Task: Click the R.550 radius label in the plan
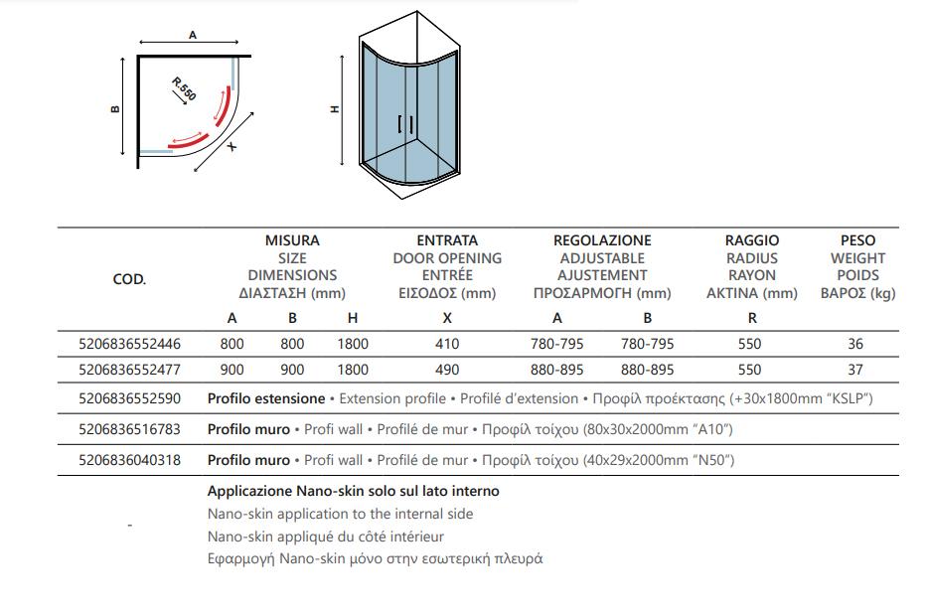pyautogui.click(x=185, y=88)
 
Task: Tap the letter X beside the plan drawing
pyautogui.click(x=232, y=146)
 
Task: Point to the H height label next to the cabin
pyautogui.click(x=335, y=109)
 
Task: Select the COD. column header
pyautogui.click(x=129, y=279)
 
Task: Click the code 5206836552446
pyautogui.click(x=129, y=344)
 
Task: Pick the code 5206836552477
pyautogui.click(x=129, y=370)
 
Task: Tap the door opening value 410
pyautogui.click(x=447, y=344)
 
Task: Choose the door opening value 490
pyautogui.click(x=447, y=370)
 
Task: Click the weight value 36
pyautogui.click(x=856, y=344)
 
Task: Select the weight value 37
pyautogui.click(x=856, y=370)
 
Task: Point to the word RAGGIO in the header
pyautogui.click(x=752, y=240)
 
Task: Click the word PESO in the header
pyautogui.click(x=857, y=240)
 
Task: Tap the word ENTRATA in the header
pyautogui.click(x=447, y=240)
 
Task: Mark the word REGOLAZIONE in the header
pyautogui.click(x=602, y=240)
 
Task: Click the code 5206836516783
pyautogui.click(x=129, y=430)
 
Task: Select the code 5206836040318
pyautogui.click(x=129, y=460)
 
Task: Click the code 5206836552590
pyautogui.click(x=129, y=398)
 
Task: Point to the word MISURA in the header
pyautogui.click(x=292, y=240)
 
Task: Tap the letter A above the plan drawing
pyautogui.click(x=193, y=35)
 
